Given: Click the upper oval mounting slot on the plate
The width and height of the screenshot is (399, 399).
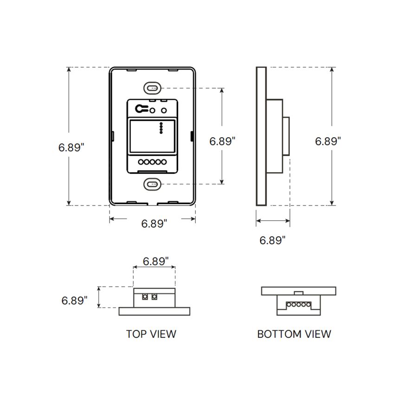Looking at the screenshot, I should (152, 87).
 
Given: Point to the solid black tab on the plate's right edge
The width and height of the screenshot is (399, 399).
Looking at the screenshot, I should (192, 135).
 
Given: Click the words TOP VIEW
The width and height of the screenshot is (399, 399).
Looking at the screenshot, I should (151, 334).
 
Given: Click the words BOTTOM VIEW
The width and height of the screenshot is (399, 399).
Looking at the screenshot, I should (294, 334).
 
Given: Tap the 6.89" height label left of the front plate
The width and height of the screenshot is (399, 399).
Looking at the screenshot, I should (71, 147).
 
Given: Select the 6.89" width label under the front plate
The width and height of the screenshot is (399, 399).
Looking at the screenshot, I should (154, 224).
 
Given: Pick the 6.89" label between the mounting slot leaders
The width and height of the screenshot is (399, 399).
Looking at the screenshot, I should (222, 141).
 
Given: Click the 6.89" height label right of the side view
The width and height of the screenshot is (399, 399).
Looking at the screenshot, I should (328, 141).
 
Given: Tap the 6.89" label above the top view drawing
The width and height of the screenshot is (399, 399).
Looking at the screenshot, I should (155, 261).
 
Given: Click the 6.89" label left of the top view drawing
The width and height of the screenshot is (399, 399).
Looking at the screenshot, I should (75, 300).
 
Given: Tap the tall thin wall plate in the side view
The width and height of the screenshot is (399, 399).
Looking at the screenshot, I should (261, 136).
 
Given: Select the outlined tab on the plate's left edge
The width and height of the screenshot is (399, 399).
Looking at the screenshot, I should (113, 135).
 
